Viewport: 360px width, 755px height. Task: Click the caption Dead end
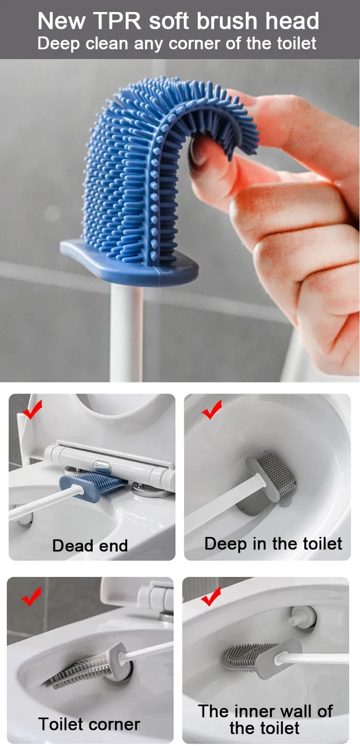(x=90, y=546)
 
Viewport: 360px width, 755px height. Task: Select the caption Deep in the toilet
(x=273, y=544)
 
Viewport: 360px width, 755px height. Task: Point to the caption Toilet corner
(x=89, y=724)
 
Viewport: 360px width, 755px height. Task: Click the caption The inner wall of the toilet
(x=265, y=719)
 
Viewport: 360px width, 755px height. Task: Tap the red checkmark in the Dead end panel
(x=32, y=410)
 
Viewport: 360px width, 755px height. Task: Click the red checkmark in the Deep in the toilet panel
(x=212, y=409)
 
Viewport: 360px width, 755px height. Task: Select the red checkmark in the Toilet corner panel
(x=32, y=596)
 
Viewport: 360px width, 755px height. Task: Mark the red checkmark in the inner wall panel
(x=211, y=596)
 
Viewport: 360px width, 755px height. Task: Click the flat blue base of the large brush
(x=130, y=264)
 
